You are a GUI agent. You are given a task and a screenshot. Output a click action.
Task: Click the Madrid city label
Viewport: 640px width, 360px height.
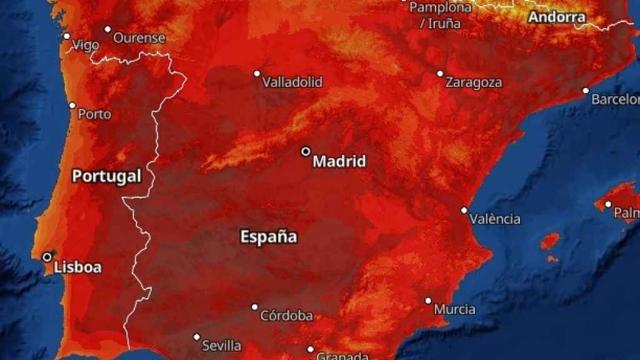pyautogui.click(x=339, y=162)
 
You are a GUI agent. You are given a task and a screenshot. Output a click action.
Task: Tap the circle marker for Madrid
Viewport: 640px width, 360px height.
pyautogui.click(x=306, y=151)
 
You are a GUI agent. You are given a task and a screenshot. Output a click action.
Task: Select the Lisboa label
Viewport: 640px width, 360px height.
pyautogui.click(x=77, y=267)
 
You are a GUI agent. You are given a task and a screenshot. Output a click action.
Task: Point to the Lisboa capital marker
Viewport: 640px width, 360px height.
pyautogui.click(x=47, y=257)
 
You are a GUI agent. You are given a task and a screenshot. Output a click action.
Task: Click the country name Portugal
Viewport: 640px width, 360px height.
pyautogui.click(x=106, y=176)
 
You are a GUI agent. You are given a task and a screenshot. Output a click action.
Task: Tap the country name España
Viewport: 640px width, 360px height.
pyautogui.click(x=269, y=237)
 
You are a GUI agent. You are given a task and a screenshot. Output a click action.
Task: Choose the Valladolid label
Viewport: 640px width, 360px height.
pyautogui.click(x=292, y=82)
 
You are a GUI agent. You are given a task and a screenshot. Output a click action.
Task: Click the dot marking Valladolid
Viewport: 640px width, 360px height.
pyautogui.click(x=257, y=73)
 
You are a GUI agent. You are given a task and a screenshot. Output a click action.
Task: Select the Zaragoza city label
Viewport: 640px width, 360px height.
pyautogui.click(x=474, y=82)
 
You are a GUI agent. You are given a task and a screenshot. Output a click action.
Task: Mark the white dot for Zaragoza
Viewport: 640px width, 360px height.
pyautogui.click(x=440, y=73)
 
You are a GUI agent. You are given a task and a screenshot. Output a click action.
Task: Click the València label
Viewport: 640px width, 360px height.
pyautogui.click(x=495, y=219)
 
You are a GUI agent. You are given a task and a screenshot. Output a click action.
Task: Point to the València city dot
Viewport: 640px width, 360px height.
pyautogui.click(x=464, y=211)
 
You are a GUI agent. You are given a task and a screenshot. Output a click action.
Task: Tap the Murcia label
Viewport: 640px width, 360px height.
pyautogui.click(x=455, y=309)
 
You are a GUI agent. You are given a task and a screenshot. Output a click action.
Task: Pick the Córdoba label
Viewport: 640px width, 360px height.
pyautogui.click(x=286, y=316)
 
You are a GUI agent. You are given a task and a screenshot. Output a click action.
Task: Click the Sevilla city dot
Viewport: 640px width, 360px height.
pyautogui.click(x=197, y=337)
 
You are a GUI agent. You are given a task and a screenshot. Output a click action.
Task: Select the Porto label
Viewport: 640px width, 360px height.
pyautogui.click(x=95, y=114)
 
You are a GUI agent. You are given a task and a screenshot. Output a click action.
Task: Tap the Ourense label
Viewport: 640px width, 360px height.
pyautogui.click(x=139, y=38)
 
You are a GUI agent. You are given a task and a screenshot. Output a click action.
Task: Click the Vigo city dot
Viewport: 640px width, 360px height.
pyautogui.click(x=67, y=36)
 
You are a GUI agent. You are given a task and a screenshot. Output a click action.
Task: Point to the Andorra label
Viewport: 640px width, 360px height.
pyautogui.click(x=557, y=17)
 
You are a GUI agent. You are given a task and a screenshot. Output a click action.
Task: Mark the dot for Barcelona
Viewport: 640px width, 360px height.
pyautogui.click(x=586, y=91)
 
